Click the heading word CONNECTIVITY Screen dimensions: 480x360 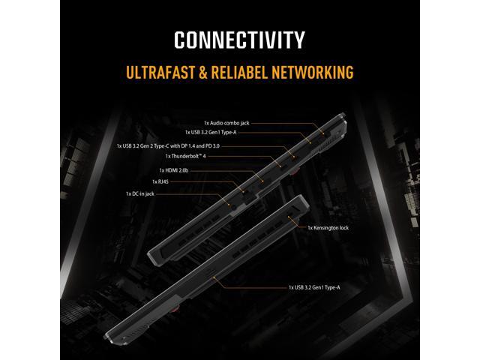point(239,40)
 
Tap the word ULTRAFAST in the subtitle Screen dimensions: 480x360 point(160,72)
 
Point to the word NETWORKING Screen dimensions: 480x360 point(313,72)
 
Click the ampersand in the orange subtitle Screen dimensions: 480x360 point(203,72)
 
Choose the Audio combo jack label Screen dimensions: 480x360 point(226,123)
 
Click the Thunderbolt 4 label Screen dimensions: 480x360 point(185,156)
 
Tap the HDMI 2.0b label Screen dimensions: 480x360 point(173,170)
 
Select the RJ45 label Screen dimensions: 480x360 point(160,181)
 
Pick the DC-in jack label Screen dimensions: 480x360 point(140,193)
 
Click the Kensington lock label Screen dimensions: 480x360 point(328,228)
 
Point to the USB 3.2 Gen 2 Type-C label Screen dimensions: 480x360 point(168,146)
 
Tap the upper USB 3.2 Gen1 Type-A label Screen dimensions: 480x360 point(211,132)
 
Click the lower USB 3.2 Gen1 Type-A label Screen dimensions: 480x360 point(314,287)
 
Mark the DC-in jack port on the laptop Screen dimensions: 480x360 point(234,207)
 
